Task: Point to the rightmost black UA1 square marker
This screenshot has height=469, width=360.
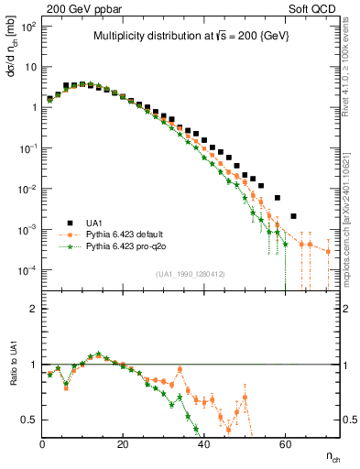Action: (x=293, y=216)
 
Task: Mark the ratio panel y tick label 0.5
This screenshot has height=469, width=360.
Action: (x=29, y=420)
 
